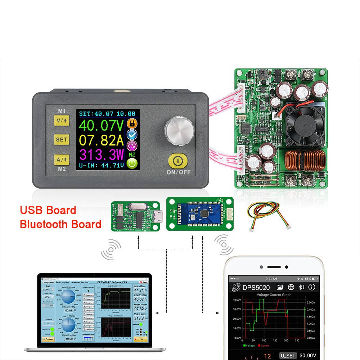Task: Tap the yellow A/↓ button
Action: tap(61, 159)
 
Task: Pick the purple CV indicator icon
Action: tap(132, 145)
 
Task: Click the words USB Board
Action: tap(48, 210)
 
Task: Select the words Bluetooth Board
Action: tap(60, 224)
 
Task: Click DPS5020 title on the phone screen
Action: tap(256, 288)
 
